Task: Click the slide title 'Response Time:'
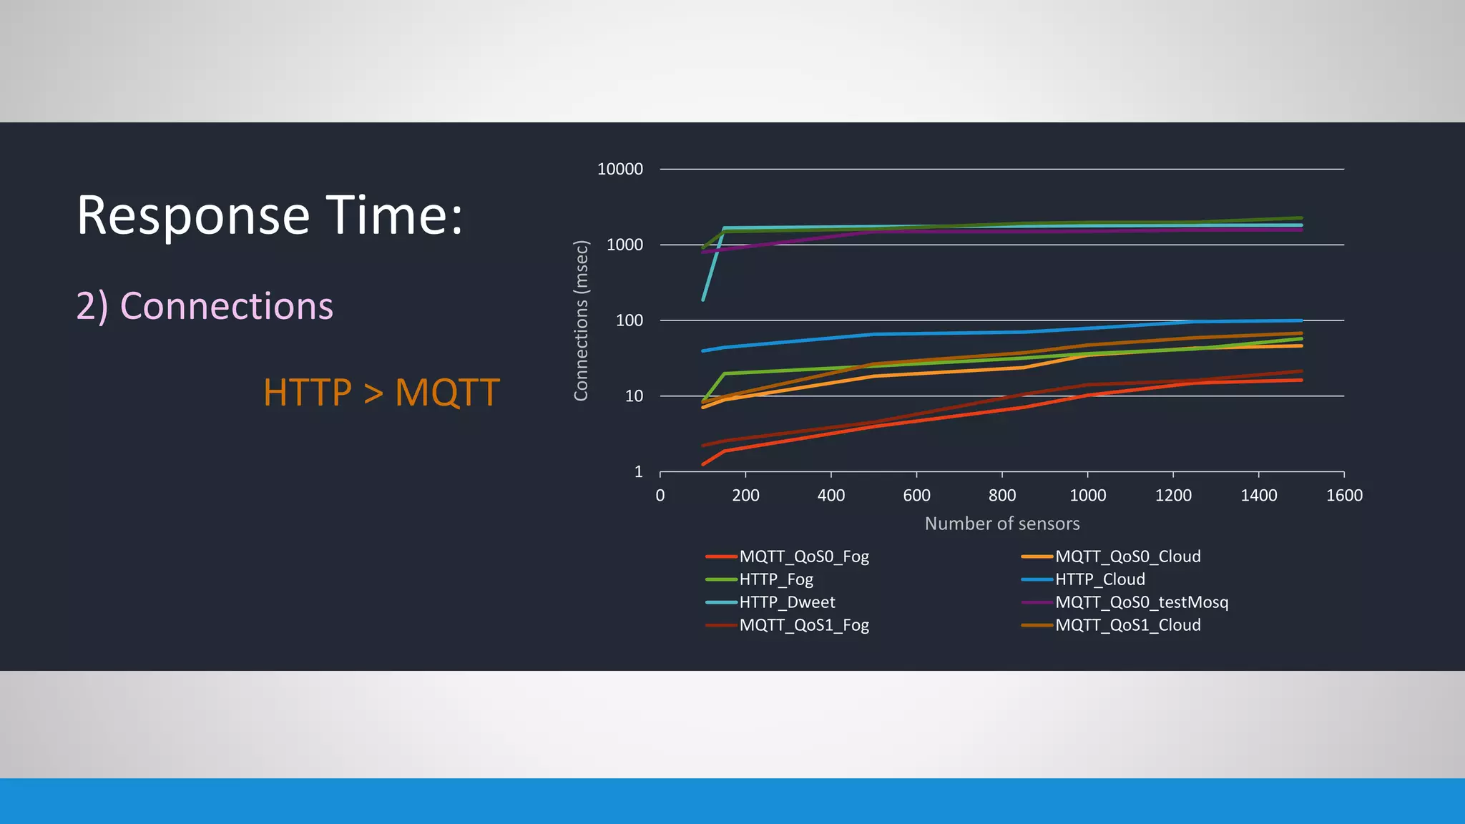point(270,215)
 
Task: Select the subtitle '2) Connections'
point(205,306)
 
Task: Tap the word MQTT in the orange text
point(447,393)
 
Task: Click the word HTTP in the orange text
point(308,393)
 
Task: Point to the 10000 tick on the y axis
point(619,170)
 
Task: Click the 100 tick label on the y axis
point(629,320)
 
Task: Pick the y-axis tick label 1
point(638,472)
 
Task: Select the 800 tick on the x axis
point(1001,495)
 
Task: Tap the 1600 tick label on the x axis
point(1343,495)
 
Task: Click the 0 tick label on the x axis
point(660,495)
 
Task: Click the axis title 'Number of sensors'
point(1001,524)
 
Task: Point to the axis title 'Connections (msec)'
point(581,320)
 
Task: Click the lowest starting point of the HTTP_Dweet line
point(703,300)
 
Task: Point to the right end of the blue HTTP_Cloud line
point(1301,320)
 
